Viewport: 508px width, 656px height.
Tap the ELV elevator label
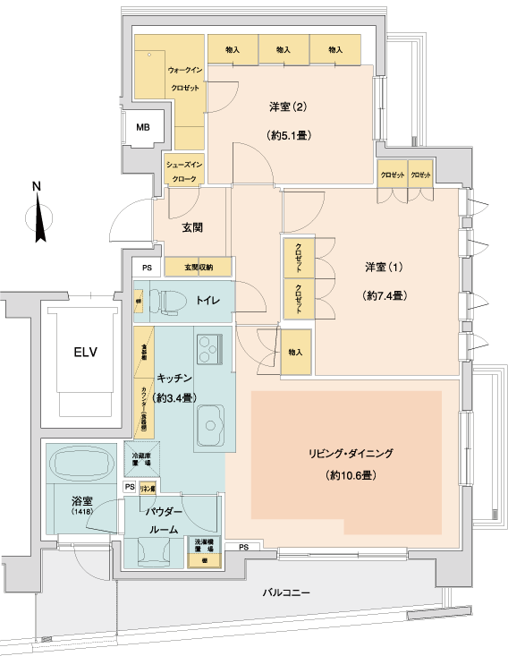coord(86,351)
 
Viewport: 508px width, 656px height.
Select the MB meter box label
coord(143,128)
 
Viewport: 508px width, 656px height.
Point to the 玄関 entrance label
coord(190,227)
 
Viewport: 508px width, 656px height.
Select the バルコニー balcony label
coord(286,593)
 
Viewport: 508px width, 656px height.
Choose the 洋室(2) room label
coord(288,108)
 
